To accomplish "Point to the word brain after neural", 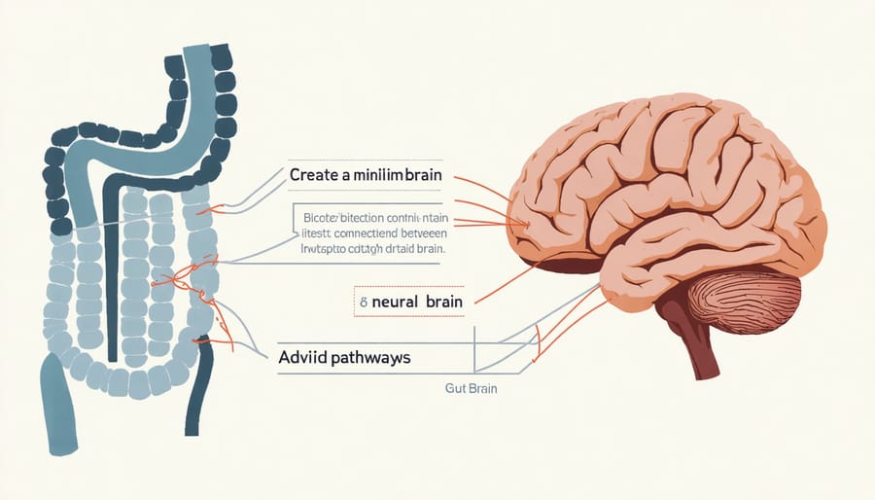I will (444, 303).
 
